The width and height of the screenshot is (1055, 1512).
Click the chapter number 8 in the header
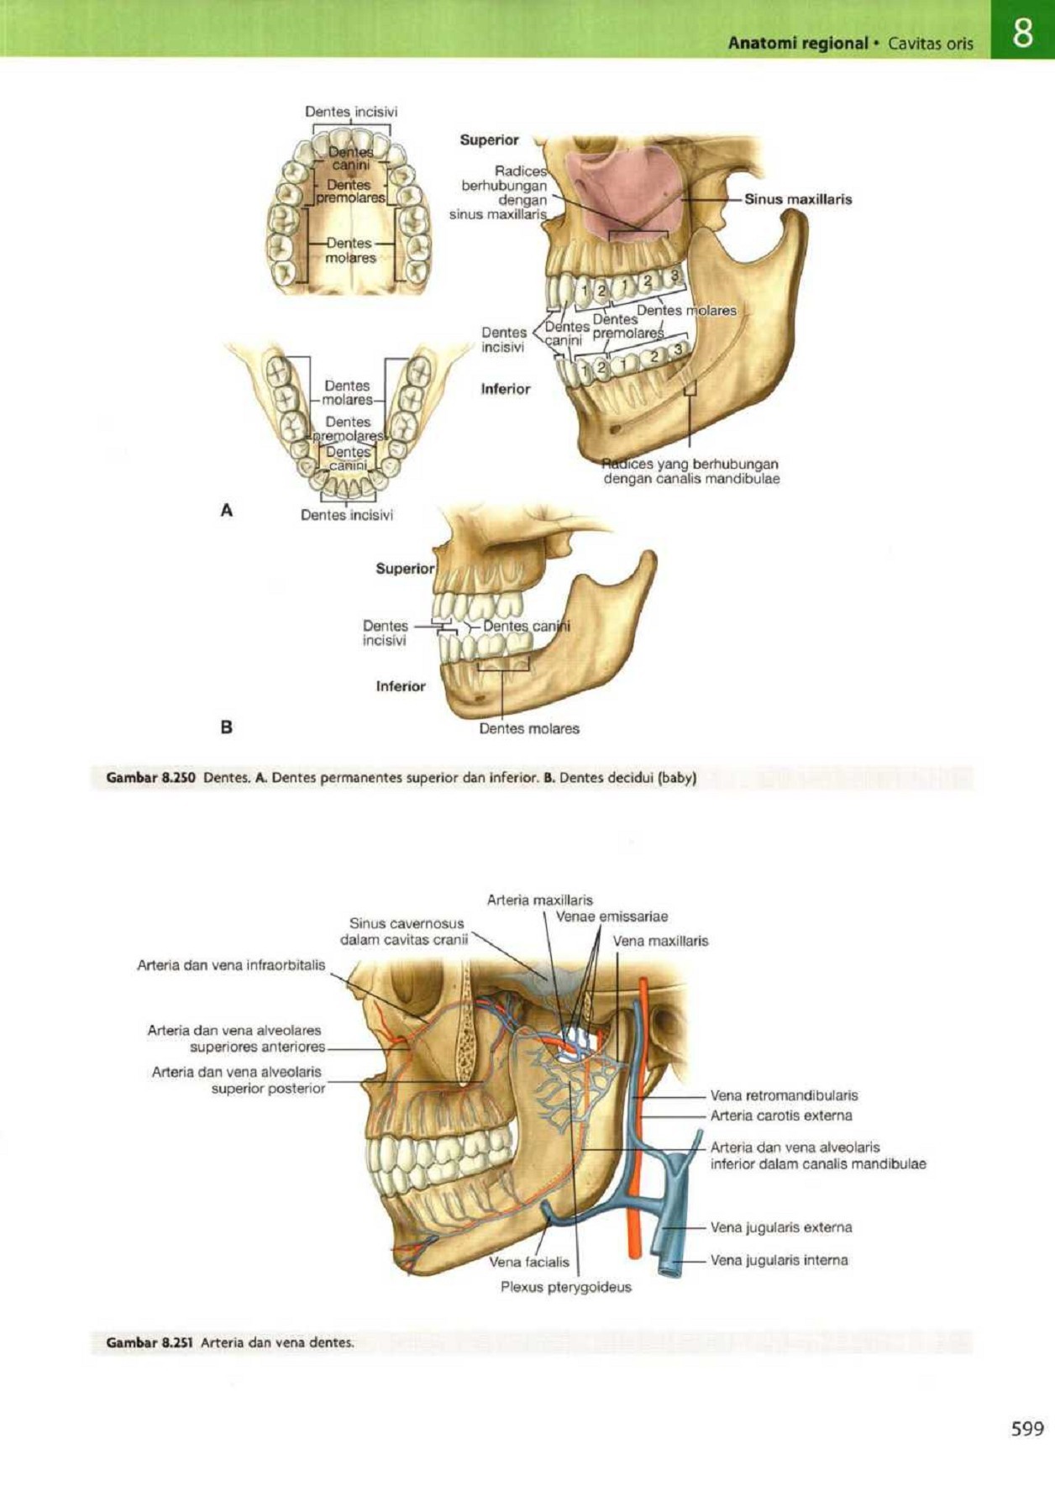1022,34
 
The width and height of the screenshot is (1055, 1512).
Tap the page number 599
1027,1428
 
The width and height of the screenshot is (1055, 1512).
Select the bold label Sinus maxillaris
797,199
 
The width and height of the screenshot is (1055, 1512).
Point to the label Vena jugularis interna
779,1260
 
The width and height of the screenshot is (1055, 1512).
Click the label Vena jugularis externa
780,1227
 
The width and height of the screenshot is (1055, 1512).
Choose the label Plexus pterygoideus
565,1287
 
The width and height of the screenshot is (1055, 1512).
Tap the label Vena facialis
528,1262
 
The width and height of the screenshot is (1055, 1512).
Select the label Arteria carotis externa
780,1116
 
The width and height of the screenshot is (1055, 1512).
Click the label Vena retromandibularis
784,1095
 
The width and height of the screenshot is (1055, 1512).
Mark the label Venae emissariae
611,916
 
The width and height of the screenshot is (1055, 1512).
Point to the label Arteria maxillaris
539,900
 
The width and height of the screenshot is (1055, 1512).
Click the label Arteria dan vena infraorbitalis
231,965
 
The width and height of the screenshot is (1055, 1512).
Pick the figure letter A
226,510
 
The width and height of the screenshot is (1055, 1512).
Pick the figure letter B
226,727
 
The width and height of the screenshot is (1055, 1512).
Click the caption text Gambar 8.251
150,1342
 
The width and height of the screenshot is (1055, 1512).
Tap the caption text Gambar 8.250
150,778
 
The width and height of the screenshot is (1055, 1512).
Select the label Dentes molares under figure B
529,728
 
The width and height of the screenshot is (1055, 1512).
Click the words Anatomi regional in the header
797,43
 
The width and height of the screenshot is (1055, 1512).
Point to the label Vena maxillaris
660,941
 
